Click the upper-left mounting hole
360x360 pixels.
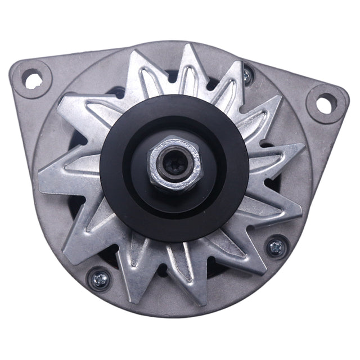33,80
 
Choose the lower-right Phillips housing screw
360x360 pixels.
276,246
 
